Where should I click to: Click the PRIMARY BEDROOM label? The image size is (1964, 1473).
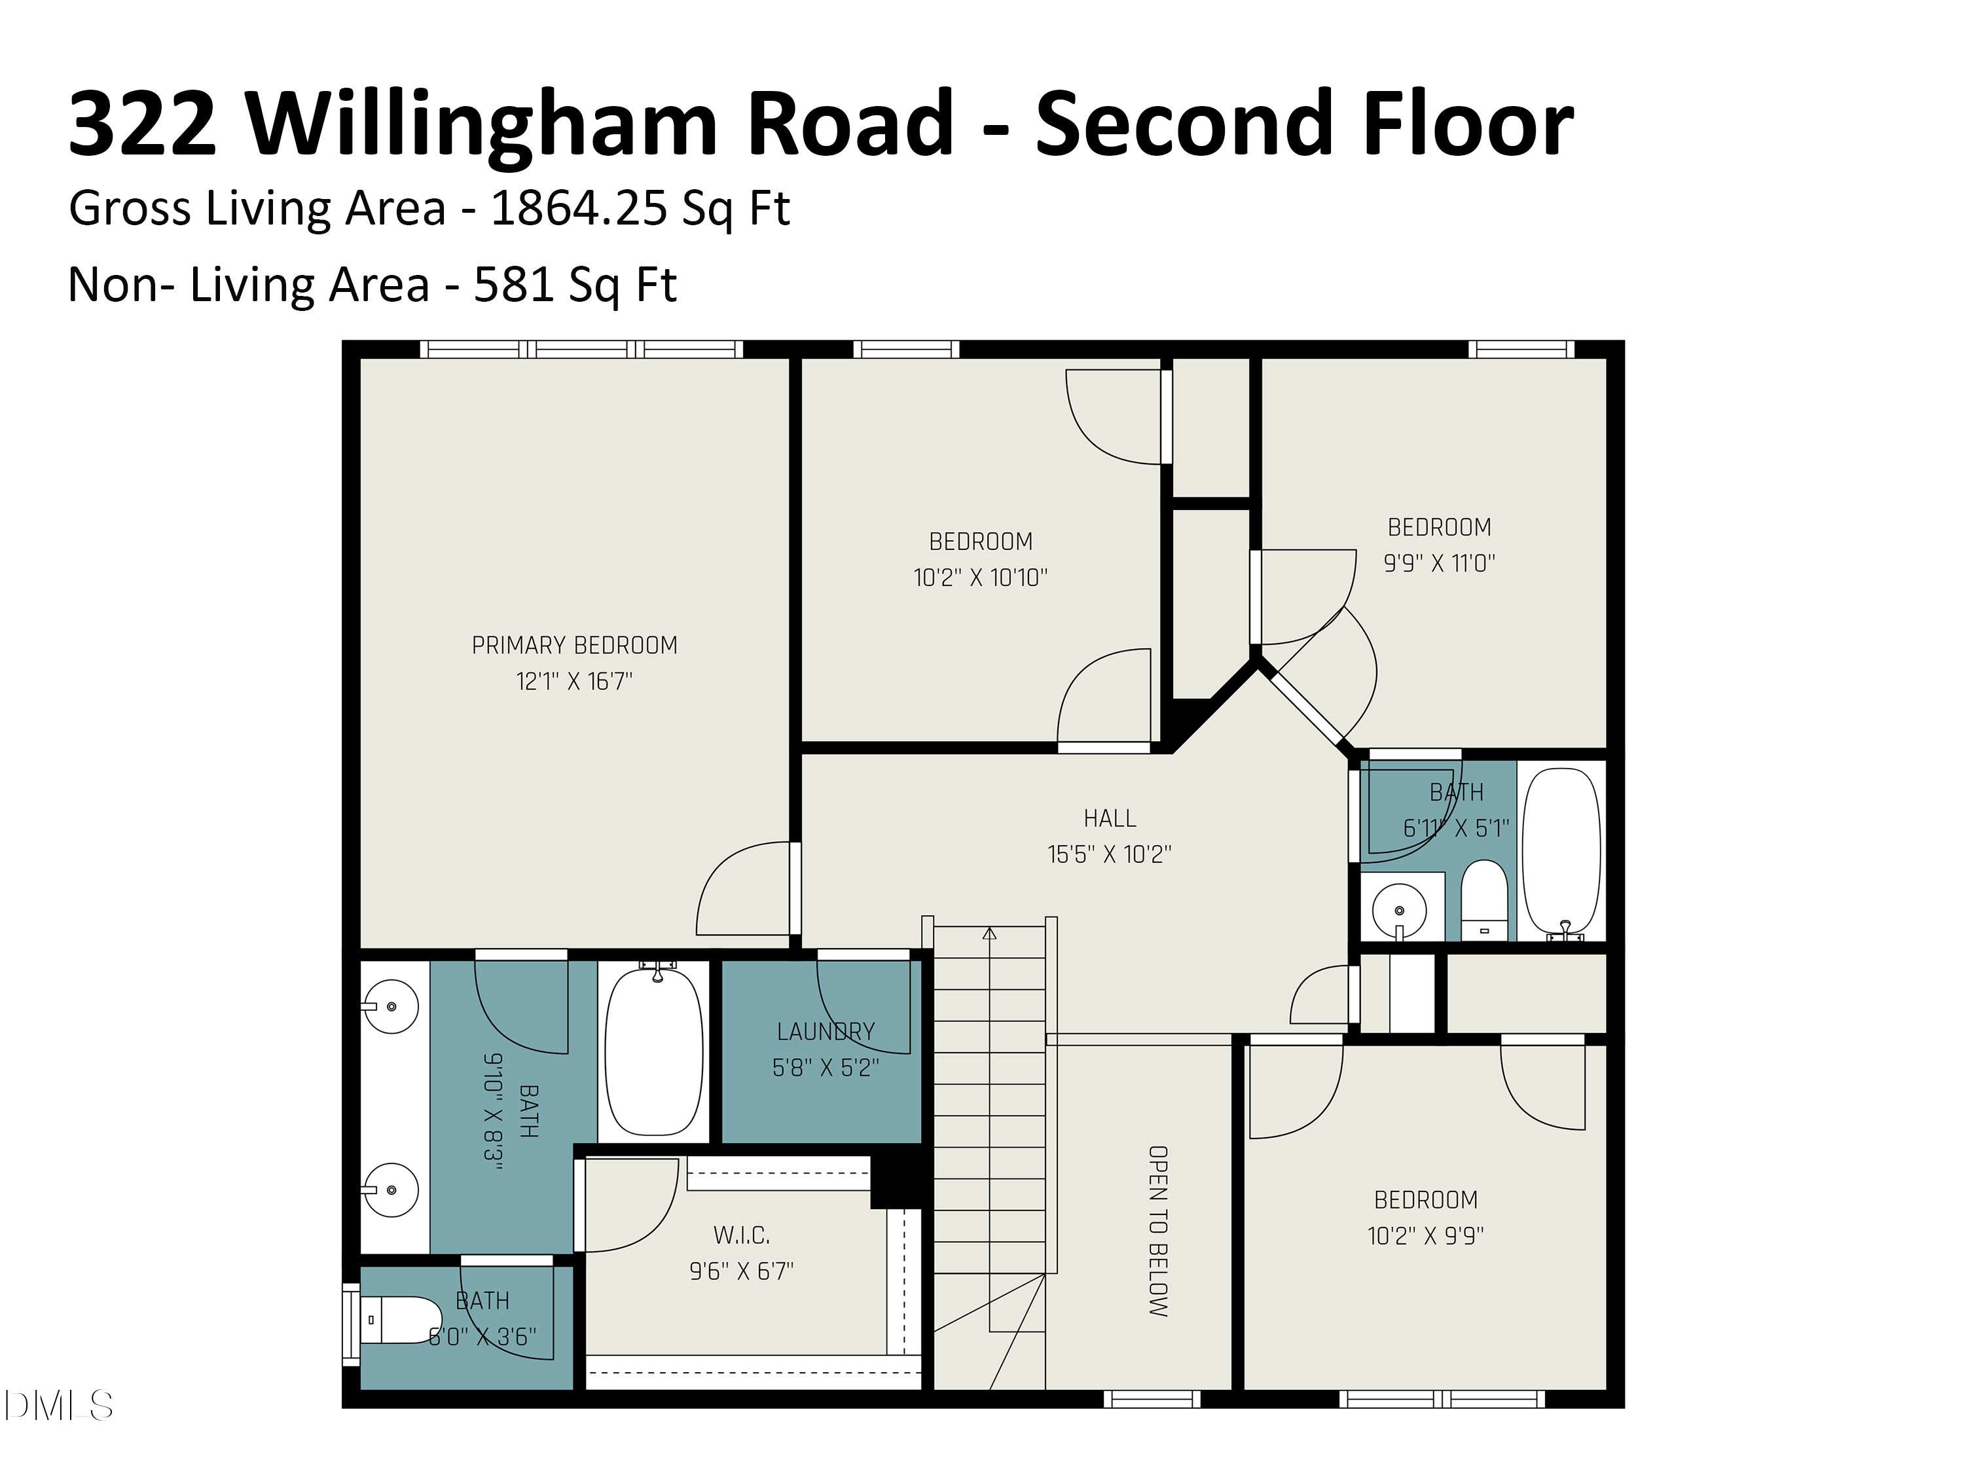click(573, 646)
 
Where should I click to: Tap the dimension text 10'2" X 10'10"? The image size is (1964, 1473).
click(980, 578)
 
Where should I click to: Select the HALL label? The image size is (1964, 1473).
click(1109, 818)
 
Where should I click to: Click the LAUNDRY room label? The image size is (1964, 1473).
click(826, 1032)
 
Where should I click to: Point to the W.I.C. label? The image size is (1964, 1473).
click(741, 1235)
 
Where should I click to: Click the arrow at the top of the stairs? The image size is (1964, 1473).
click(989, 933)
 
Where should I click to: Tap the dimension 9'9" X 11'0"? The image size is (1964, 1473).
click(1439, 563)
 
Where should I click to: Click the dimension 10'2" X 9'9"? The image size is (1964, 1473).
click(1425, 1236)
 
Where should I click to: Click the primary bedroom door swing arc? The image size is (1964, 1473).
click(728, 879)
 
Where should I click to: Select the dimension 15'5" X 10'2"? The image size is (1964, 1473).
click(1109, 854)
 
